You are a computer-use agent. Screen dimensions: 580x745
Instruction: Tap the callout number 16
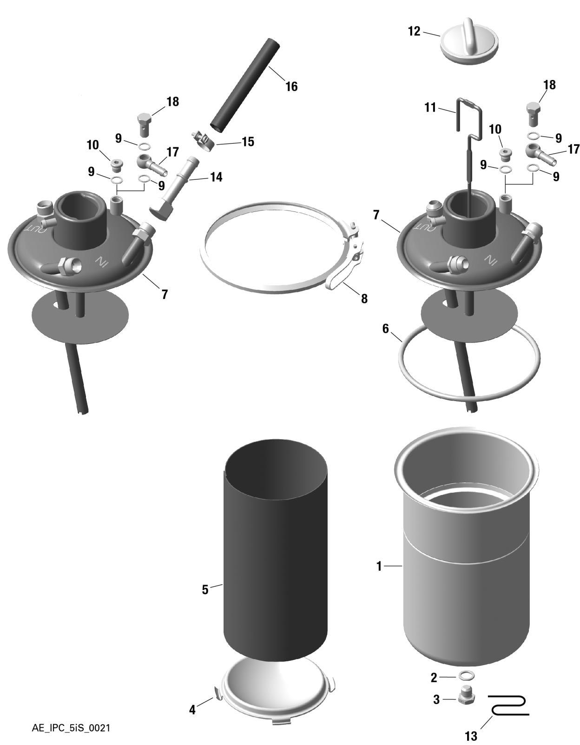(x=291, y=86)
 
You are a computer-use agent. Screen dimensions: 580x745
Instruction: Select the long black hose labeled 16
(x=245, y=86)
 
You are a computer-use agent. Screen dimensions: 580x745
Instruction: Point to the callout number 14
(x=216, y=177)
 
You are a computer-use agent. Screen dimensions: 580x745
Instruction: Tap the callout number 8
(x=364, y=299)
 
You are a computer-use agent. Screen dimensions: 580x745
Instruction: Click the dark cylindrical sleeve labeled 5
(x=275, y=550)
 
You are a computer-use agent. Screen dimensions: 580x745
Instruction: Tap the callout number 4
(x=192, y=710)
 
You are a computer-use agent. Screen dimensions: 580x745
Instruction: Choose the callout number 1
(x=379, y=567)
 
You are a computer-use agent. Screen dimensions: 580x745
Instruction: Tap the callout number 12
(x=414, y=31)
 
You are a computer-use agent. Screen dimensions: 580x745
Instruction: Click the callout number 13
(x=471, y=736)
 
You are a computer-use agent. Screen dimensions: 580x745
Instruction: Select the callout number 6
(x=386, y=329)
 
